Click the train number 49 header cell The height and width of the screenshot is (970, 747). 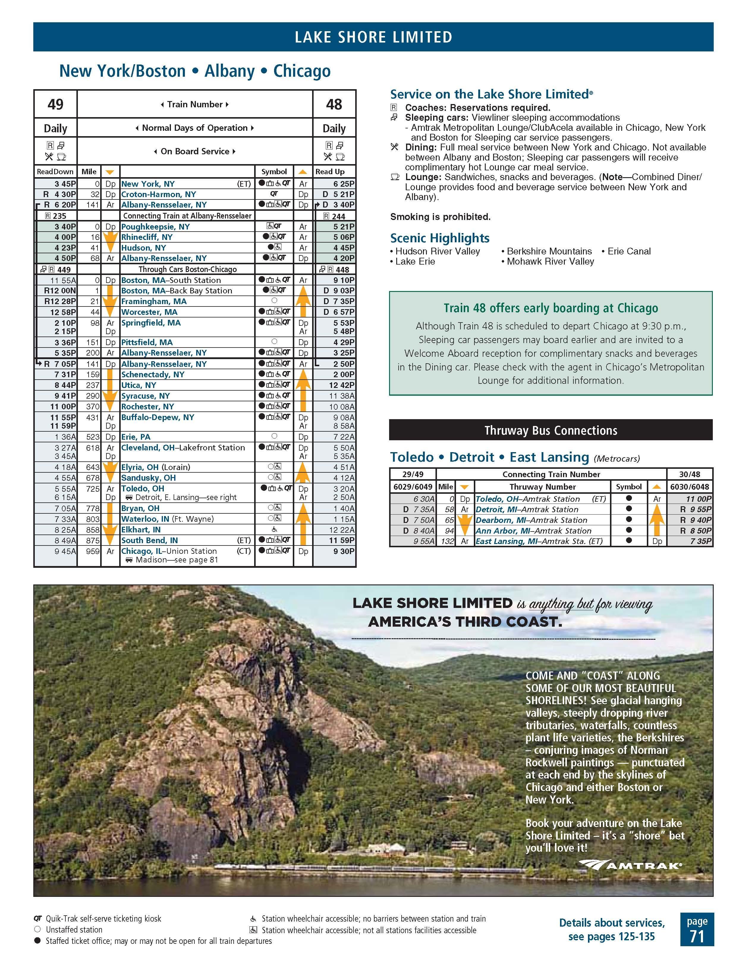point(56,104)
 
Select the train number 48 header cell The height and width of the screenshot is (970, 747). point(334,104)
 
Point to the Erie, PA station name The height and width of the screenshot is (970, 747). point(136,437)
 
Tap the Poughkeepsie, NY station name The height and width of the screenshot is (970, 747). point(155,227)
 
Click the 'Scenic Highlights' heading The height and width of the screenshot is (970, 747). point(440,238)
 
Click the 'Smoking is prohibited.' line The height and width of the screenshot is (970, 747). point(440,217)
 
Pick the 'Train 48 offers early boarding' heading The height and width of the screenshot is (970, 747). point(551,308)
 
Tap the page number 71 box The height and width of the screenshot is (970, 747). point(697,929)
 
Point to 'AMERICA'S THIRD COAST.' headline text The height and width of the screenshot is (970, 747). point(465,622)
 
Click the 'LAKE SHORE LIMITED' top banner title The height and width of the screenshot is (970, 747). point(373,37)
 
